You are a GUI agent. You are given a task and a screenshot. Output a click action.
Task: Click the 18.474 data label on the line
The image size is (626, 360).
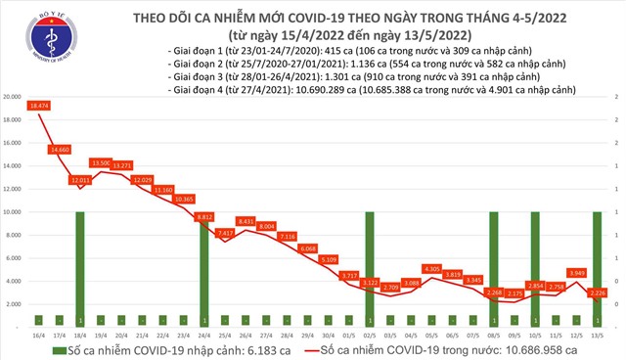tap(40, 104)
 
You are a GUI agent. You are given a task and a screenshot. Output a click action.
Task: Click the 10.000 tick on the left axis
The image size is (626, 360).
tap(14, 211)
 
